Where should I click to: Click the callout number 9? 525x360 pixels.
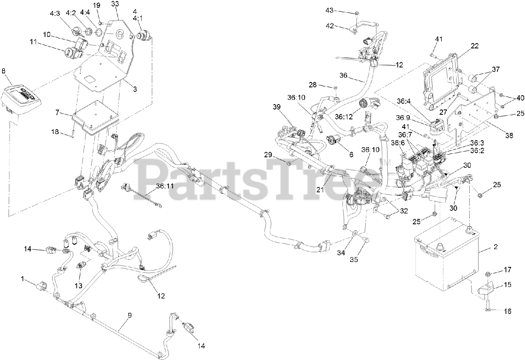(x=130, y=315)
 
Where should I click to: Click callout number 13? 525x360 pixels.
(x=78, y=285)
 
